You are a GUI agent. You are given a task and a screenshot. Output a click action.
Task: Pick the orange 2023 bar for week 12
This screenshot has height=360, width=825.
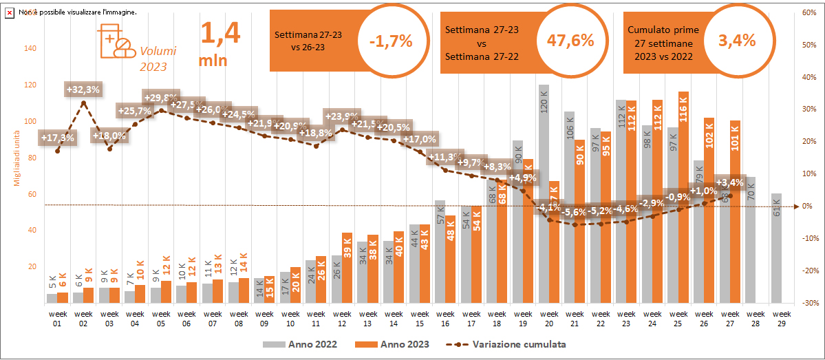(x=347, y=268)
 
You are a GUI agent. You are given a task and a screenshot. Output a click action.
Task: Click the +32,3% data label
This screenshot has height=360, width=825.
(x=83, y=89)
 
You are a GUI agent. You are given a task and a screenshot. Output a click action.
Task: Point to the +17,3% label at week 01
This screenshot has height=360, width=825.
(x=58, y=138)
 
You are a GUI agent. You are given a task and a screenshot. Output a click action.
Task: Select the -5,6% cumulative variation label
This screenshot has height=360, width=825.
(x=573, y=212)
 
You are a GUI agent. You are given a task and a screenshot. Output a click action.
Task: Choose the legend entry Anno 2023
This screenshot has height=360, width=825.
(x=392, y=344)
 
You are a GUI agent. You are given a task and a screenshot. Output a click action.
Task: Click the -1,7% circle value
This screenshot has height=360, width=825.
(x=390, y=41)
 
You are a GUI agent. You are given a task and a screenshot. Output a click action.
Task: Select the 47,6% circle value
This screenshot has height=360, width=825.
(x=570, y=40)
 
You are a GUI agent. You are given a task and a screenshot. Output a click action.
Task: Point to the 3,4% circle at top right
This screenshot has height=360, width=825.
(x=736, y=40)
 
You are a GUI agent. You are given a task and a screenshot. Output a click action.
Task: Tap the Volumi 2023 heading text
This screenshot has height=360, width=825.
(x=158, y=59)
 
